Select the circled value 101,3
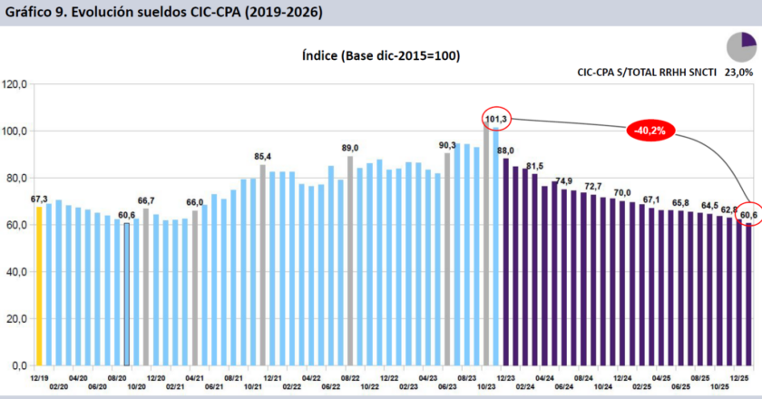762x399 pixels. click(x=497, y=119)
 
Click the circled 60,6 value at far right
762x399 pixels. click(x=748, y=214)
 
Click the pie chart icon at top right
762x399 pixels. click(x=741, y=45)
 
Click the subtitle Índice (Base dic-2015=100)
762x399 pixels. click(x=380, y=55)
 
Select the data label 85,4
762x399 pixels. click(x=263, y=156)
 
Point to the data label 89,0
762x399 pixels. click(x=350, y=147)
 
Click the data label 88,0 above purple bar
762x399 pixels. click(x=506, y=150)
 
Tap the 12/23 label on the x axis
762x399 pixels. click(x=505, y=376)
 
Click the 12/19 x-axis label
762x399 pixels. click(x=39, y=376)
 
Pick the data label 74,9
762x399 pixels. click(x=563, y=180)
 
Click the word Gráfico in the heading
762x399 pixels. click(x=29, y=13)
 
